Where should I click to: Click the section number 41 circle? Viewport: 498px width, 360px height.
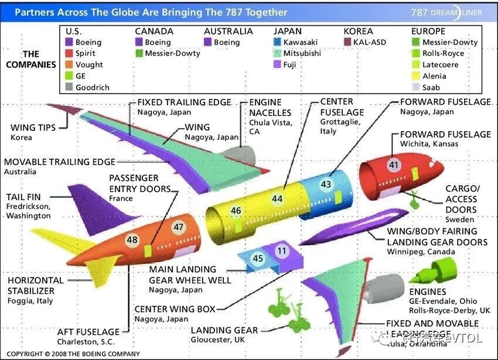coord(393,164)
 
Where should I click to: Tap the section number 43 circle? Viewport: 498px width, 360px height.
coord(326,184)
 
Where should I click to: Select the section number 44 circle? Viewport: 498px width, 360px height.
coord(277,198)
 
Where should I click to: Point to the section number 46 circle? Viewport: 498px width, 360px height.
coord(236,211)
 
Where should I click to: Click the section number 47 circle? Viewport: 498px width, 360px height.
coord(178,227)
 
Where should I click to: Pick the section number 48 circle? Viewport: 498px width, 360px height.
coord(132,239)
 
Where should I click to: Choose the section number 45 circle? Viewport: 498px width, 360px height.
coord(258,258)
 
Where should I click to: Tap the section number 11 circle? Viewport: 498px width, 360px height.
coord(282,251)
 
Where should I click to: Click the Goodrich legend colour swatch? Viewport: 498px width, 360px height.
coord(69,87)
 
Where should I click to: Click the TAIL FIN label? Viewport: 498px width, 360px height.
coord(23,197)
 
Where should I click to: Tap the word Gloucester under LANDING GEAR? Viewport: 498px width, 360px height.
coord(210,340)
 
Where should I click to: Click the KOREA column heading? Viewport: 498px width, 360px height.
coord(359,31)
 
